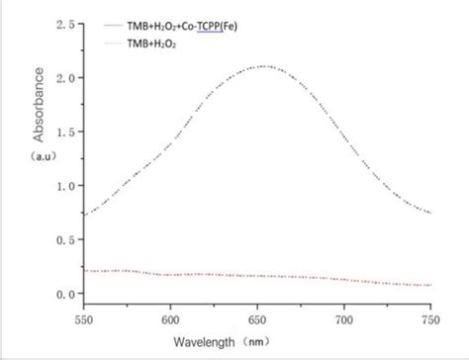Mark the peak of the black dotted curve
pos(261,66)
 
